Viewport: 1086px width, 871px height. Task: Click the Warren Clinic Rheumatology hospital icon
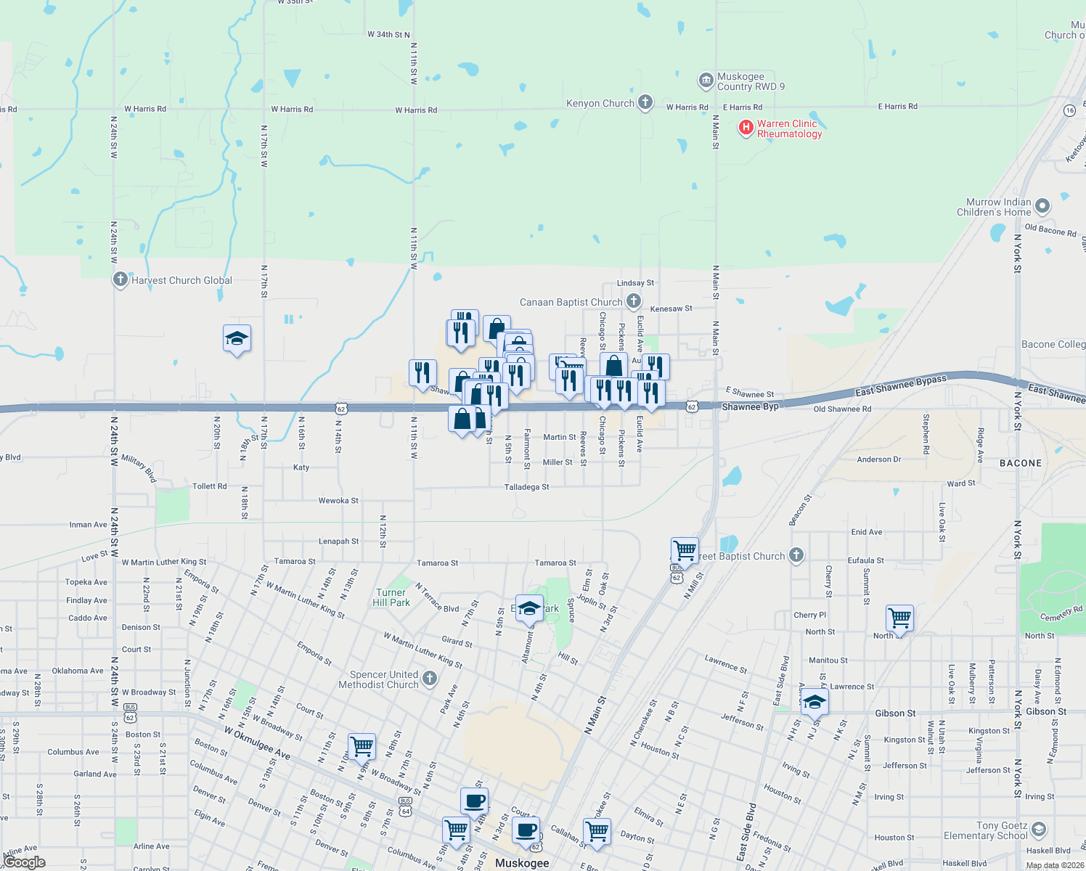[x=746, y=128]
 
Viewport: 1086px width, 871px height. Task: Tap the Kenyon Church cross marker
[x=645, y=103]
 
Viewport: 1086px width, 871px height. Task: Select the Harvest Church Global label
[x=181, y=280]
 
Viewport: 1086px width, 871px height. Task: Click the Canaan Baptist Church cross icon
[x=634, y=301]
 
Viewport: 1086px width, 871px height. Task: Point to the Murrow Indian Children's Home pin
[x=1042, y=207]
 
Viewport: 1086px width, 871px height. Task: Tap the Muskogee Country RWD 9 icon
[x=706, y=80]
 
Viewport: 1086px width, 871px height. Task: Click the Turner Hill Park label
[x=391, y=597]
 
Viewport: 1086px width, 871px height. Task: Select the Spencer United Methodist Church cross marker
[x=430, y=679]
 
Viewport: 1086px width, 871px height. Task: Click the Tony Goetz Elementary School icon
[x=1039, y=830]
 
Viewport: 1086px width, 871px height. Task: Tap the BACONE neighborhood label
[x=1021, y=463]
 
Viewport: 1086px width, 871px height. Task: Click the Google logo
[x=24, y=862]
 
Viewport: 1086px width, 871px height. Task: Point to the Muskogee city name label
[x=522, y=863]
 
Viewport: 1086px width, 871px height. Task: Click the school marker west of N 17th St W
[x=237, y=339]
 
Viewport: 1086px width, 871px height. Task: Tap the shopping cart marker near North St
[x=899, y=619]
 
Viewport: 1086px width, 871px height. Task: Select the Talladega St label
[x=527, y=487]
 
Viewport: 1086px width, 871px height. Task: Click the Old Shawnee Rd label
[x=842, y=409]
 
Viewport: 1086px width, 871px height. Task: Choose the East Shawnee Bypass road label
[x=901, y=385]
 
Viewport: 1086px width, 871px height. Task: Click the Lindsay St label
[x=635, y=283]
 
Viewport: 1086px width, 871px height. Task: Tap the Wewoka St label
[x=338, y=501]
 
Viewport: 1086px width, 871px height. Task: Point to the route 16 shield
[x=1070, y=110]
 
